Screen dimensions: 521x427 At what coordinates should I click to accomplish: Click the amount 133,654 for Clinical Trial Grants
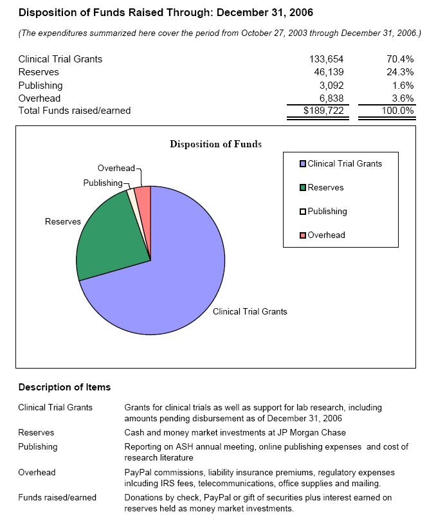click(327, 59)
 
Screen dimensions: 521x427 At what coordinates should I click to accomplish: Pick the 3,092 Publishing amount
click(332, 85)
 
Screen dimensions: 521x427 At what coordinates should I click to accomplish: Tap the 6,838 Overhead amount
click(332, 98)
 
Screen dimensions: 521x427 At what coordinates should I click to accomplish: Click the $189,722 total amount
click(324, 111)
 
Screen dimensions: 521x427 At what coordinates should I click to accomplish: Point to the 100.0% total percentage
click(397, 111)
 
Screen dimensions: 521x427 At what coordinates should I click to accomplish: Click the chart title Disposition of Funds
click(215, 144)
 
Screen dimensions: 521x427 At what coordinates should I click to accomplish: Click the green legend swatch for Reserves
click(303, 187)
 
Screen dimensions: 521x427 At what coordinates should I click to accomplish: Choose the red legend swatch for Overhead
click(303, 235)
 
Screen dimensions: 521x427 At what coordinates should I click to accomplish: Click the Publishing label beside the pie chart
click(102, 183)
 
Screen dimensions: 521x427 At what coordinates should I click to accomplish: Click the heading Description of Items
click(64, 387)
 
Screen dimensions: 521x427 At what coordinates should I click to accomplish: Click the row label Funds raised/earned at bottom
click(57, 497)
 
